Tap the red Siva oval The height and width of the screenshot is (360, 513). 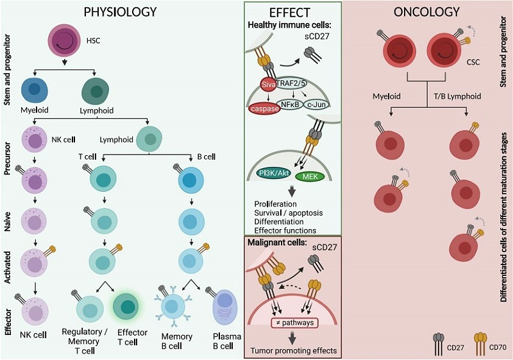(x=259, y=85)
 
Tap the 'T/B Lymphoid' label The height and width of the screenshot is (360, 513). (x=455, y=96)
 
